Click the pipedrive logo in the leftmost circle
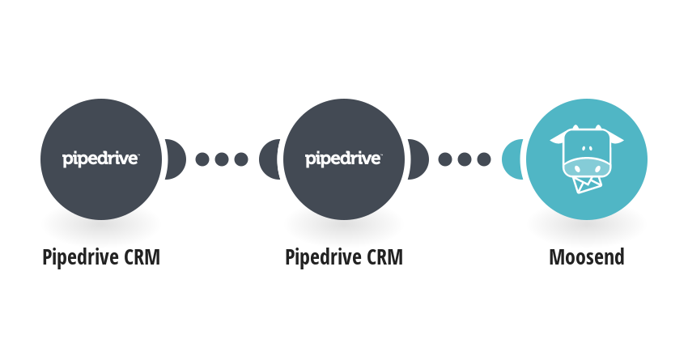[100, 159]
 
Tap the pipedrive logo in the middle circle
[343, 159]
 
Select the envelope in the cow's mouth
[586, 184]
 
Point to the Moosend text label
[587, 257]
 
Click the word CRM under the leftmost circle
[142, 257]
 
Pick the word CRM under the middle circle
[384, 257]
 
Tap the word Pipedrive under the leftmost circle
[81, 257]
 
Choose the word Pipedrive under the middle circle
[324, 257]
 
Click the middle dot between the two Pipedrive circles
[222, 159]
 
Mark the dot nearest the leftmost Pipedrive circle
[202, 159]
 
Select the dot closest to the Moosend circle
[484, 159]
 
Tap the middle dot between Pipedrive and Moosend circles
[465, 159]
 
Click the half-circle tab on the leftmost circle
[176, 159]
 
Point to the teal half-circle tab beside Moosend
[512, 159]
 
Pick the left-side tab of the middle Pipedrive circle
[270, 159]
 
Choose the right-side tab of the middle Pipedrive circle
[418, 159]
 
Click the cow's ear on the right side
[617, 139]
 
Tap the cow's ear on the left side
[557, 139]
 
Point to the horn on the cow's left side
[575, 127]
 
